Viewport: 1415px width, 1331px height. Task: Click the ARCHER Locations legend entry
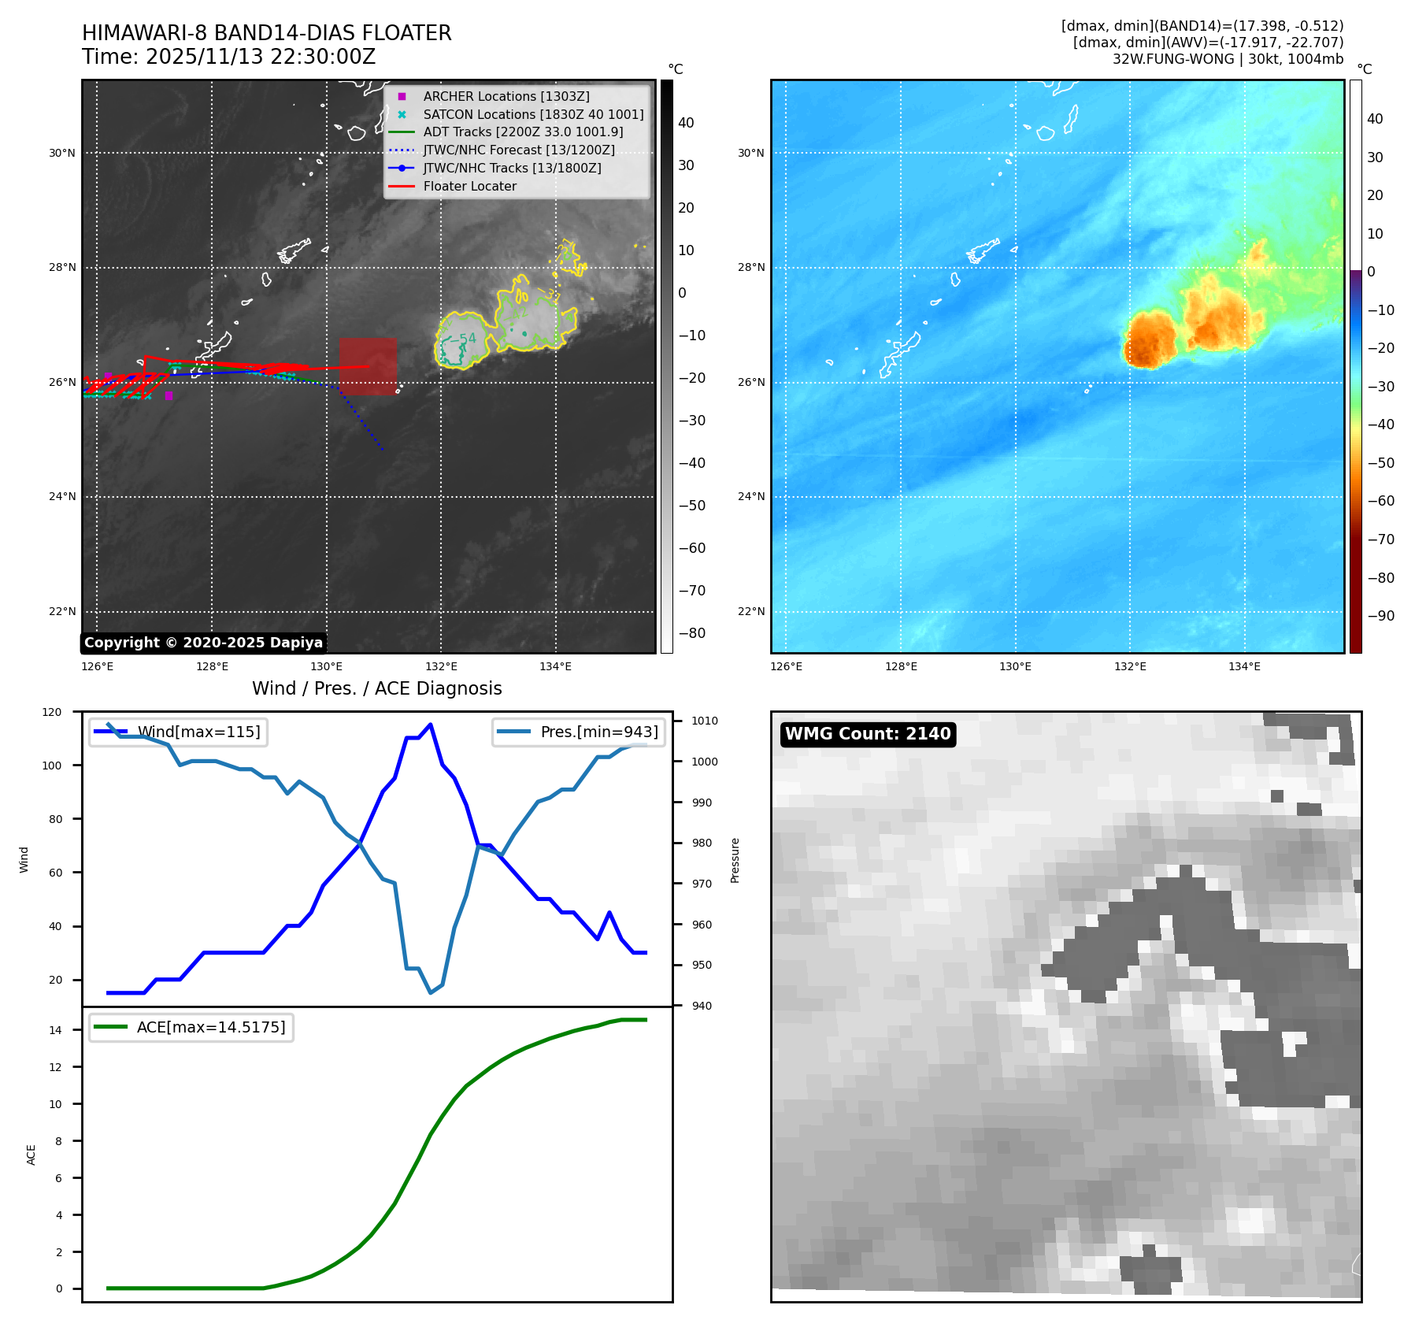click(x=506, y=96)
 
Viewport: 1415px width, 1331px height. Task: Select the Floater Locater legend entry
click(x=469, y=187)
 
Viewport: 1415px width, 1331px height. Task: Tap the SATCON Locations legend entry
click(x=532, y=114)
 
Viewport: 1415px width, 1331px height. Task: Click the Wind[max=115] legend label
click(x=198, y=732)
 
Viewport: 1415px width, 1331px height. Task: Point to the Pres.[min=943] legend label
click(x=598, y=732)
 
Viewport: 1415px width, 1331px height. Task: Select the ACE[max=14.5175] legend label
click(x=210, y=1027)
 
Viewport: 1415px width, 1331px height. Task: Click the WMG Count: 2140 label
click(x=868, y=734)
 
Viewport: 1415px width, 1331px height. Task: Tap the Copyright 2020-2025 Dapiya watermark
click(x=203, y=643)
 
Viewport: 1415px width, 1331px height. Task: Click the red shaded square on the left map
click(x=368, y=366)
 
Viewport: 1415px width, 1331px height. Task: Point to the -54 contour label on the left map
click(x=467, y=339)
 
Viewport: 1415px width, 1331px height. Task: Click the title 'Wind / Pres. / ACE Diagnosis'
click(x=376, y=688)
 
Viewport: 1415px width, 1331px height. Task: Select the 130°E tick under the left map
click(x=326, y=667)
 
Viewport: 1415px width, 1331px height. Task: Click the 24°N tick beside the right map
click(x=750, y=497)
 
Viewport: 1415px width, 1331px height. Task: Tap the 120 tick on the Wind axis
click(x=52, y=712)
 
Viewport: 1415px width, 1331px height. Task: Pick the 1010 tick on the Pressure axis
click(x=704, y=721)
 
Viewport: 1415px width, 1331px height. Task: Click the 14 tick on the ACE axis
click(x=55, y=1030)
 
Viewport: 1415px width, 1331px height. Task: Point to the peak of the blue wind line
click(x=430, y=725)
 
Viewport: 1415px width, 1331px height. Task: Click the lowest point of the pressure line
click(x=430, y=992)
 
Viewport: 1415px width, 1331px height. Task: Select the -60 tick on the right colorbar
click(x=1380, y=501)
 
